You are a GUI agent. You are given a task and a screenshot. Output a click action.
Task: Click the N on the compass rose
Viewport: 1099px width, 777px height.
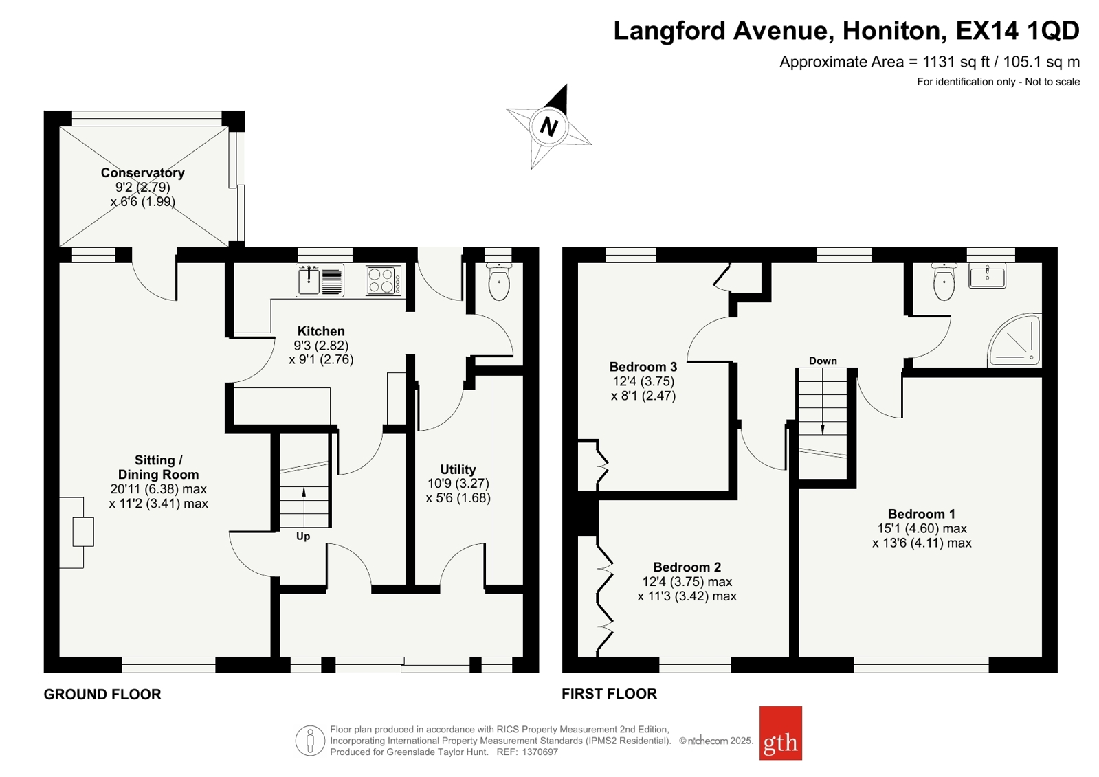(548, 127)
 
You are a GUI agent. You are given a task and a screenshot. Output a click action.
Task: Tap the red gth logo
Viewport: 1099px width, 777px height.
(780, 733)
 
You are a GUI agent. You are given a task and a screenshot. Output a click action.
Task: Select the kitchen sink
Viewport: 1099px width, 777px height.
(320, 280)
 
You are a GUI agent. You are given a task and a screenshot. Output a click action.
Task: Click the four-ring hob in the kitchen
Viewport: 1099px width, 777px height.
(384, 280)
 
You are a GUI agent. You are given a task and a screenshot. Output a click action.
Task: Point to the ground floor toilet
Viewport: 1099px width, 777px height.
(499, 282)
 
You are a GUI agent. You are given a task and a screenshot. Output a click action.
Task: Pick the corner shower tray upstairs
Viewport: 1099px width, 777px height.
(1014, 340)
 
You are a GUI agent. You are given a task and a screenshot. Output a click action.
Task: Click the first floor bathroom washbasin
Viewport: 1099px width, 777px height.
(987, 275)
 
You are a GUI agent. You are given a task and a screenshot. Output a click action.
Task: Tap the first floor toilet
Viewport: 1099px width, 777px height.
(944, 282)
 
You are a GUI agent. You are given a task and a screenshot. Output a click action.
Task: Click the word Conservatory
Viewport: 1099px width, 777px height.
(143, 172)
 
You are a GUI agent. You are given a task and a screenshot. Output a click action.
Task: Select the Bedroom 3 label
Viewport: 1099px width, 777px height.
(643, 367)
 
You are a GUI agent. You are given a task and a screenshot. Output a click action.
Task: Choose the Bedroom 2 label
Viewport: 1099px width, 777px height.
(687, 567)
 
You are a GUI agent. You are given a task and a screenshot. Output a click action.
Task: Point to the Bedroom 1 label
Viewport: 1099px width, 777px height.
(922, 514)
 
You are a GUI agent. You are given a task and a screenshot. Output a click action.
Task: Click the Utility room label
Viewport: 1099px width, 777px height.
(458, 469)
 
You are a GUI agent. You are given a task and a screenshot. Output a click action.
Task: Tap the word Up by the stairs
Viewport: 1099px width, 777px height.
(303, 537)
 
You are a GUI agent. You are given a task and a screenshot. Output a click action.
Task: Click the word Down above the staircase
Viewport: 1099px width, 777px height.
(823, 361)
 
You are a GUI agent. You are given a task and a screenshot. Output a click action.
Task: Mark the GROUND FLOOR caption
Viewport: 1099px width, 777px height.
(102, 695)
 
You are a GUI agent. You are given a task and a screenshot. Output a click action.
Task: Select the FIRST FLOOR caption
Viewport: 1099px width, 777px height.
(610, 694)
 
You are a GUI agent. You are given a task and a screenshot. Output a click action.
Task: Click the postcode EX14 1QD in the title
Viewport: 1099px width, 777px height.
(1018, 30)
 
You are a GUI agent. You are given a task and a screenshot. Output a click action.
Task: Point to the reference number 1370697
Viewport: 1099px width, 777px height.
(540, 752)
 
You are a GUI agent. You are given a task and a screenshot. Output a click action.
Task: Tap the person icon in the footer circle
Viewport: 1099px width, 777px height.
(309, 741)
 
